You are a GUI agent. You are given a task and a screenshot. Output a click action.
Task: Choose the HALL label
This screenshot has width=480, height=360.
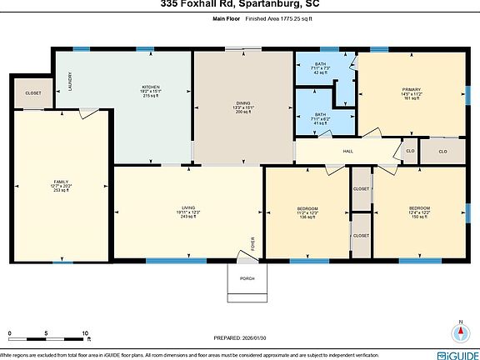tap(348, 152)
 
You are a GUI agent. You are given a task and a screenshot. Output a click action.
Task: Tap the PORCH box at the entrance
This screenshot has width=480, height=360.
tap(247, 278)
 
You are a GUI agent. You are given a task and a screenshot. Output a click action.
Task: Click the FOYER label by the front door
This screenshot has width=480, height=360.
tap(253, 243)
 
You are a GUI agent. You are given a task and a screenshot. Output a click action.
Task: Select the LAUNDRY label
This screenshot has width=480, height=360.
tap(69, 81)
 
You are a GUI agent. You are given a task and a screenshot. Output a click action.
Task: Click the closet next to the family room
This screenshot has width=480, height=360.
tap(33, 93)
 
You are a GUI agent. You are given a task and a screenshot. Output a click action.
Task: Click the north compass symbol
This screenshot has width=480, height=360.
tap(457, 332)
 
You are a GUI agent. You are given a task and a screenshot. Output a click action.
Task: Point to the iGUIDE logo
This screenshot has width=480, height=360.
tap(451, 353)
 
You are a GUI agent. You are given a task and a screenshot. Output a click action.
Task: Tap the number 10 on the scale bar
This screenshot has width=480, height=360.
tap(86, 332)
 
